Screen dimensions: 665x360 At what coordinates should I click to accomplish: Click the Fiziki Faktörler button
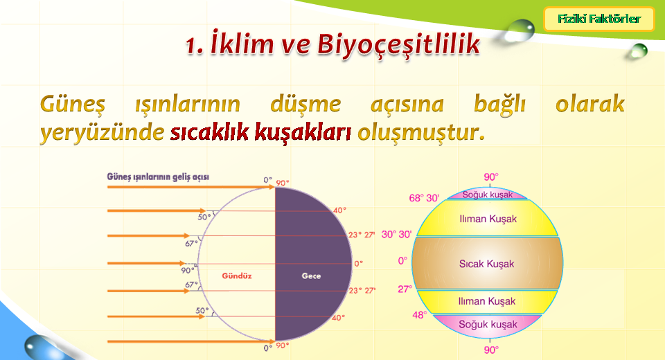[598, 19]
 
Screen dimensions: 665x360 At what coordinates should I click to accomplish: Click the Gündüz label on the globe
[237, 276]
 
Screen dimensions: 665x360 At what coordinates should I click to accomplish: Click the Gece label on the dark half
[311, 276]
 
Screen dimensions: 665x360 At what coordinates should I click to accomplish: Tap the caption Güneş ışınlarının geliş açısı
[158, 177]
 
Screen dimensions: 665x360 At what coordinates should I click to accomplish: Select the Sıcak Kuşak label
[486, 264]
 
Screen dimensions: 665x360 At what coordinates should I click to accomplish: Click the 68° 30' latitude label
[424, 198]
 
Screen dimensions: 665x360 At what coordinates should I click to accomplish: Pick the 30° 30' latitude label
[396, 234]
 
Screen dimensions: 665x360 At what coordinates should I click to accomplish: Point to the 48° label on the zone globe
[419, 315]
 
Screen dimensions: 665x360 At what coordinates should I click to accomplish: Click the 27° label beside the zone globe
[405, 289]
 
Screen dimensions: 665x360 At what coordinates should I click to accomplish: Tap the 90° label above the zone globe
[490, 177]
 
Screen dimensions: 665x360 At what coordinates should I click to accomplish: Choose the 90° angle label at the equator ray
[188, 270]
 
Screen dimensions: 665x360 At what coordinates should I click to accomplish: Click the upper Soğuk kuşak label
[487, 195]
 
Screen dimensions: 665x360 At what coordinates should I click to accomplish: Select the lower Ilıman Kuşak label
[486, 301]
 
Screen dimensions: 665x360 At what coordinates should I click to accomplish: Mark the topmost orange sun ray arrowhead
[272, 186]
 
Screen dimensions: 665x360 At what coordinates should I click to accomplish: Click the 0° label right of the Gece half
[358, 263]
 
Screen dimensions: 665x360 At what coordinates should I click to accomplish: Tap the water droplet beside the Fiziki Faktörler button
[520, 30]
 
